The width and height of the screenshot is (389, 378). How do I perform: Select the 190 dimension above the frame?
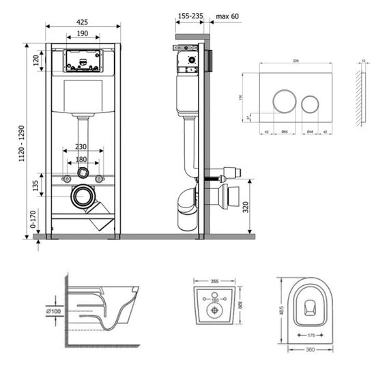pos(83,33)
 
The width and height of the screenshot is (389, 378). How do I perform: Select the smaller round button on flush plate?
pos(311,103)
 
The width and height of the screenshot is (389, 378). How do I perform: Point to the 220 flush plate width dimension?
pos(296,61)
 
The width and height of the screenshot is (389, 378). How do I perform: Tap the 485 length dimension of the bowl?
pos(279,311)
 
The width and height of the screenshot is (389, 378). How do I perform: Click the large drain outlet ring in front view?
pos(83,197)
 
